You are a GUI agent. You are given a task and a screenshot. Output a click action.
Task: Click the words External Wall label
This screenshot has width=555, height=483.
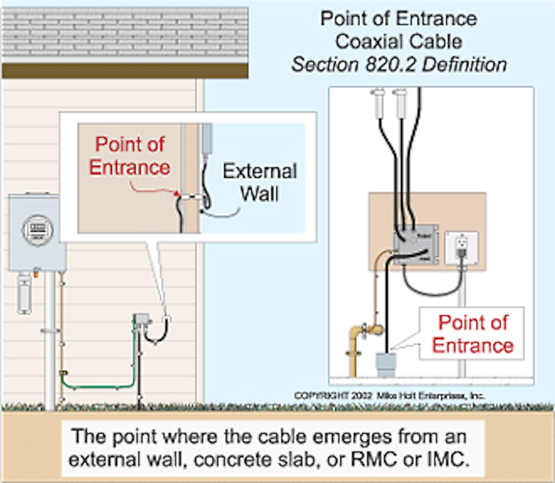coord(259,182)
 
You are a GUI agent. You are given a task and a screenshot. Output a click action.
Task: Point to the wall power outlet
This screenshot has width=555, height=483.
coord(461,248)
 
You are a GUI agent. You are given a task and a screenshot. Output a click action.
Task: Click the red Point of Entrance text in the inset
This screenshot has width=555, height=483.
coord(129,156)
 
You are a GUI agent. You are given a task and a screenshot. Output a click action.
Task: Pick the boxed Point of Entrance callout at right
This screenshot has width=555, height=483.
coord(472,334)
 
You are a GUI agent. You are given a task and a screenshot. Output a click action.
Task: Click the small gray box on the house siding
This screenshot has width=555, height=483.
coord(142,319)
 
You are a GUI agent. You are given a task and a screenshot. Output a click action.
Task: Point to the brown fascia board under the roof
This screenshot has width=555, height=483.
coord(125,71)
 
